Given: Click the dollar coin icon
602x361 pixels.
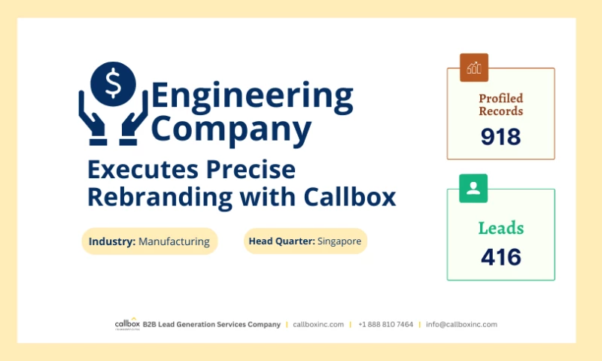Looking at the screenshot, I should coord(113,83).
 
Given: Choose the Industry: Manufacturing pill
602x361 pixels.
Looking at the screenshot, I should coord(149,241).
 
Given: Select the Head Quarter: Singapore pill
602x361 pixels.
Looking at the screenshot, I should coord(306,241).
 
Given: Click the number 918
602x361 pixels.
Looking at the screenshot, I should coord(500,136).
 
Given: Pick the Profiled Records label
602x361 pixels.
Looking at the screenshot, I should coord(500,105).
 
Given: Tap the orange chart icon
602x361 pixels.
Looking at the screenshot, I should coord(474,68).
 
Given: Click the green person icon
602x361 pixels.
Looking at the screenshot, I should coord(473,188).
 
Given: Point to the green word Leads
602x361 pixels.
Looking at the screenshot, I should coord(500,228).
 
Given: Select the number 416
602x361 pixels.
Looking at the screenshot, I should coord(500,257).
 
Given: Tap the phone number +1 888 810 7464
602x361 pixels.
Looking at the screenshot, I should coord(385,324).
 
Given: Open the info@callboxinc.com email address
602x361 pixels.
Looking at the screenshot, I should coord(461,324).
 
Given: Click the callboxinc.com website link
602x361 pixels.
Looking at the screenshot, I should coord(318,324).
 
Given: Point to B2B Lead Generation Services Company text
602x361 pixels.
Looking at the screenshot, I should coord(211,324).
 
